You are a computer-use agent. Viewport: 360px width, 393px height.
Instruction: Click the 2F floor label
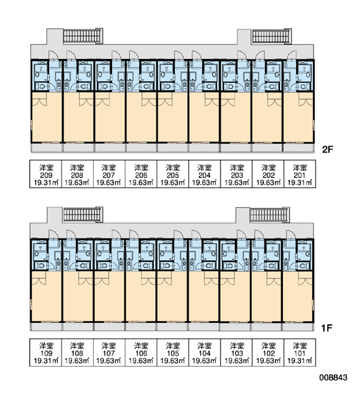(328, 149)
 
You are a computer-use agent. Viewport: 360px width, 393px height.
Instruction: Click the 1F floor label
(327, 328)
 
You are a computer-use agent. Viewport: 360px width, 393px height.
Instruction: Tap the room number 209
(46, 175)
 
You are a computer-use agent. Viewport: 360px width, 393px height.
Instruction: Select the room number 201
(300, 175)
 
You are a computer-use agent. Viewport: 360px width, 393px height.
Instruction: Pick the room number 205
(173, 175)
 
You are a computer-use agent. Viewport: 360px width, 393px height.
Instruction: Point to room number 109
(46, 354)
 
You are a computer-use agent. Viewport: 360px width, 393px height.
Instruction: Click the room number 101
(300, 354)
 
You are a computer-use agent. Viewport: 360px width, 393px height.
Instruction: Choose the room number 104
(204, 354)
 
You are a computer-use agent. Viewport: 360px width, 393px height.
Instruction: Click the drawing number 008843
(333, 377)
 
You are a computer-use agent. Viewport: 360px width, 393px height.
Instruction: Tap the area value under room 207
(109, 183)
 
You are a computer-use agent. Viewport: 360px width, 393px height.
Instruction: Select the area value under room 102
(268, 361)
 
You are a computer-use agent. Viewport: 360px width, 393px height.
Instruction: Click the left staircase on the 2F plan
(82, 36)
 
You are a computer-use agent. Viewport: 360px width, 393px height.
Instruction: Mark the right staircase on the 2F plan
(272, 37)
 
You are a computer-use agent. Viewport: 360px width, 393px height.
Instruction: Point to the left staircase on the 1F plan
(83, 215)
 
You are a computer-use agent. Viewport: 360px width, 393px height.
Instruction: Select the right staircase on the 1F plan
(270, 215)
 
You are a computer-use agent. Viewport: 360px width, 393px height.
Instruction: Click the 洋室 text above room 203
(237, 168)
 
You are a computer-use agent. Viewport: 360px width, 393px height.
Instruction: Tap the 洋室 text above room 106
(141, 346)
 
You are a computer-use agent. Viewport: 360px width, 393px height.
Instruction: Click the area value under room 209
(46, 183)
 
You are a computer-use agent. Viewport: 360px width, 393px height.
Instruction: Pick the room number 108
(77, 354)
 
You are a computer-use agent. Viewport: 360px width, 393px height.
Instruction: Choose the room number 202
(268, 175)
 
